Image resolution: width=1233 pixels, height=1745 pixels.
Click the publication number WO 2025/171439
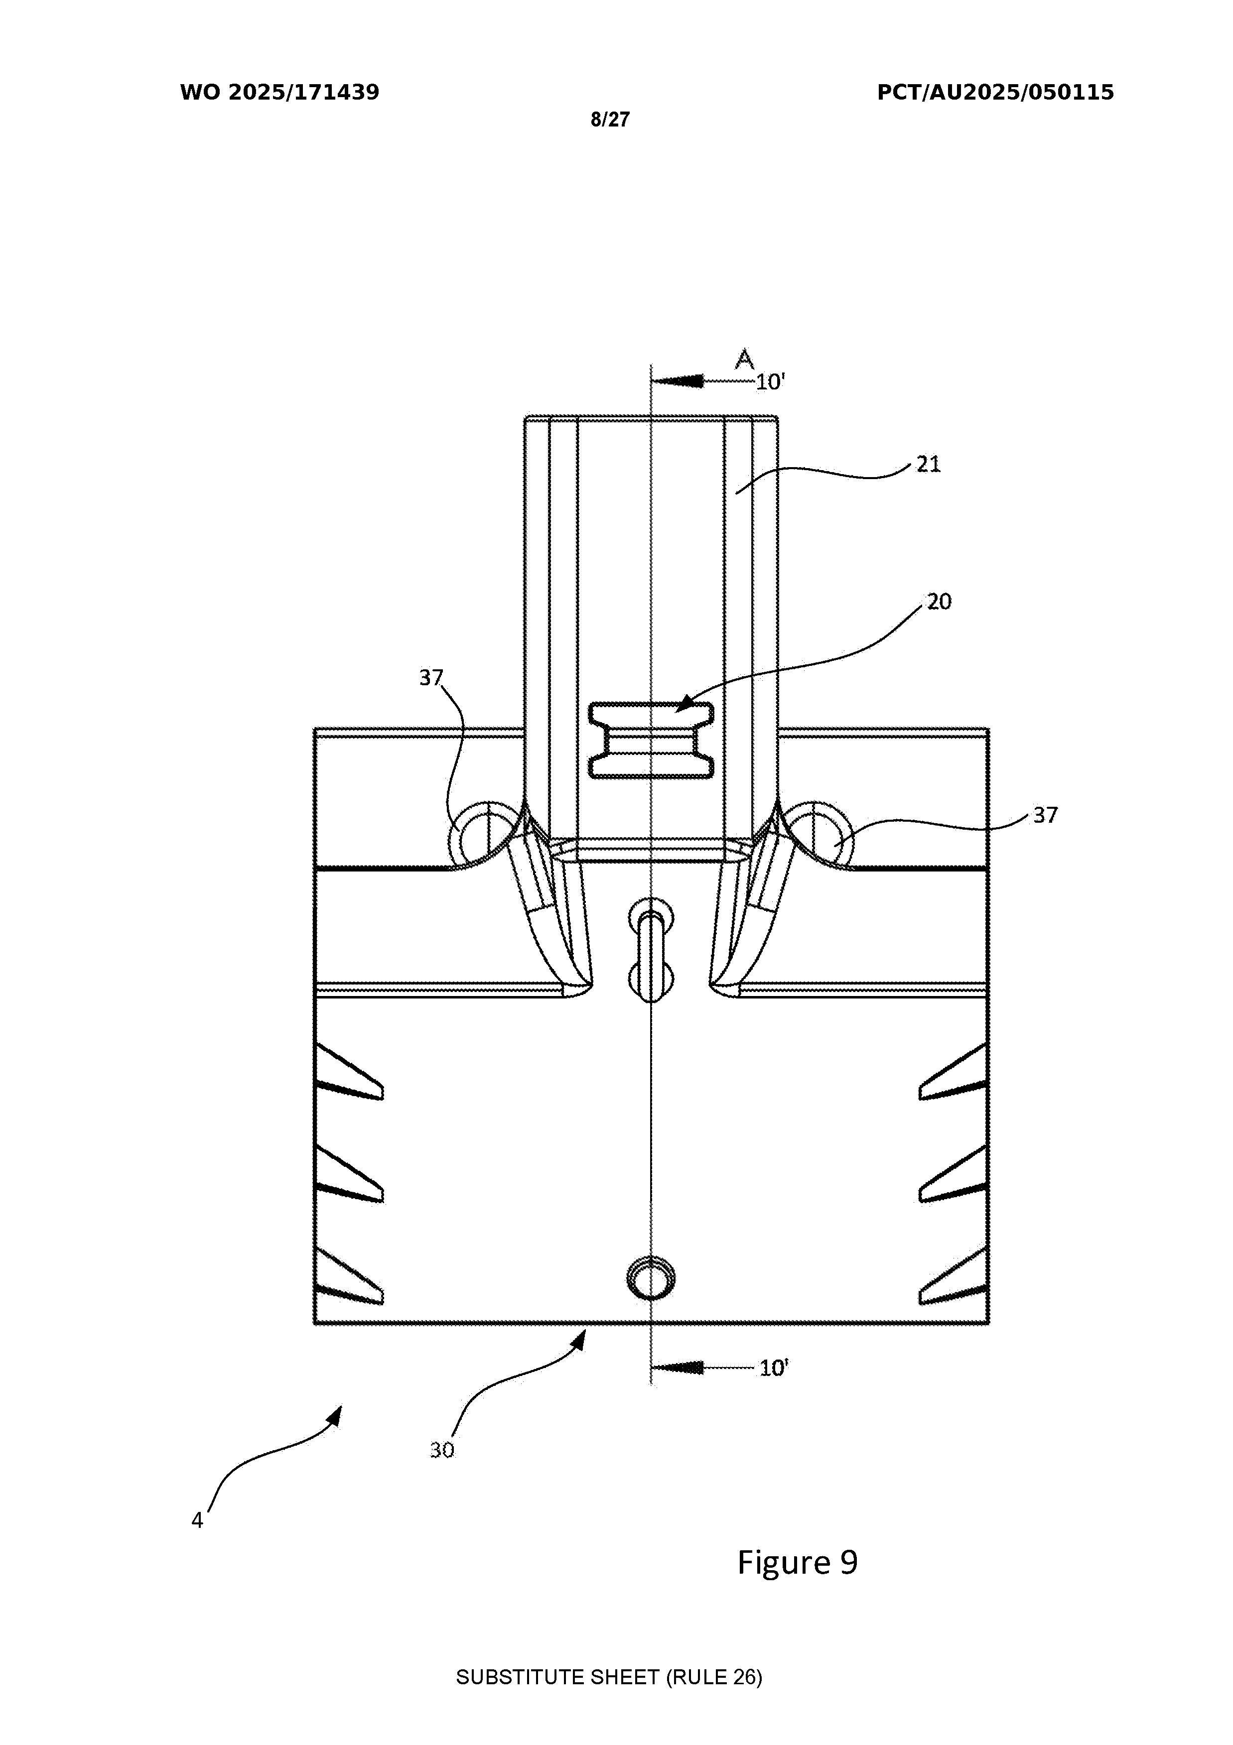click(280, 93)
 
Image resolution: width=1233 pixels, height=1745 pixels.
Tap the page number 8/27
click(610, 120)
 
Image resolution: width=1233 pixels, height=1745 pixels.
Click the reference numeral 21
click(928, 464)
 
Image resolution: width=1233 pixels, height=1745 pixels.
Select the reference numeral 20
click(939, 602)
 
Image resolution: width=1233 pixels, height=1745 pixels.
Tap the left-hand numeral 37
click(431, 677)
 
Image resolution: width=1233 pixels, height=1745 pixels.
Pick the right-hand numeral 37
click(1045, 816)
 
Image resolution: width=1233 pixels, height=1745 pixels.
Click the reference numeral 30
click(442, 1450)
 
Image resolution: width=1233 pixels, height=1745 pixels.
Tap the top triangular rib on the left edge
click(349, 1073)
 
